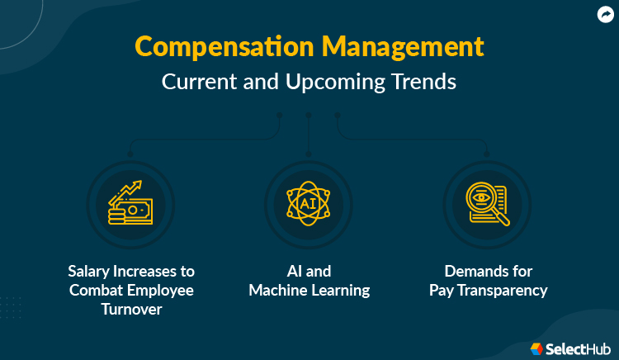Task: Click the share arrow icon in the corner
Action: click(606, 14)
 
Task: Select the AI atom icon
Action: click(308, 204)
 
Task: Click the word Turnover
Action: click(131, 309)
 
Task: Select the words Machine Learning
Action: click(309, 290)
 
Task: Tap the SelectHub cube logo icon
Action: click(536, 348)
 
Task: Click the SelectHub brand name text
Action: click(579, 348)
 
